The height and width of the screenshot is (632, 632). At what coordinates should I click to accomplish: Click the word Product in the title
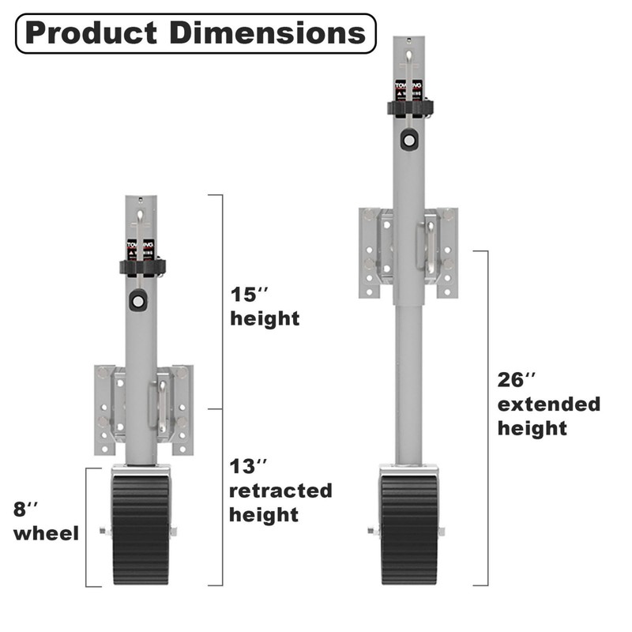[86, 33]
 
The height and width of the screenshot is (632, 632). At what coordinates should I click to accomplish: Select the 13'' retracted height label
[280, 491]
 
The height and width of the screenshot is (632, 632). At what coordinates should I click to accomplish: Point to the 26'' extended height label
[548, 404]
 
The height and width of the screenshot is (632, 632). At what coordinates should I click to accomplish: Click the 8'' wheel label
[46, 521]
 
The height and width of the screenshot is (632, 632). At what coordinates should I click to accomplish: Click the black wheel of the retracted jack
[141, 529]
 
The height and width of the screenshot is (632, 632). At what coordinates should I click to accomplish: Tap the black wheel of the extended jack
[409, 529]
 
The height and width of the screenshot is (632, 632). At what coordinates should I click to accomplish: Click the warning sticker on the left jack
[141, 250]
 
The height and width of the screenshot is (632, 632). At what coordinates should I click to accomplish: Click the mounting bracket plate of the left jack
[106, 409]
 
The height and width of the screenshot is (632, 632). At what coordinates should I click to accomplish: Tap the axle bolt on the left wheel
[104, 531]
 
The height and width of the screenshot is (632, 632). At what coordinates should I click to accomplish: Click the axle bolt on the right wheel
[372, 531]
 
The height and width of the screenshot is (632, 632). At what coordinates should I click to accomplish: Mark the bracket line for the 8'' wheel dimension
[87, 526]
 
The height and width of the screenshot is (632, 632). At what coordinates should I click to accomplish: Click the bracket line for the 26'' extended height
[487, 419]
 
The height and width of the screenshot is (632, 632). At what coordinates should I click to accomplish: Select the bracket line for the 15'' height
[222, 300]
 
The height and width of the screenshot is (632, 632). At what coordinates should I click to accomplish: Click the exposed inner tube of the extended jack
[408, 379]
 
